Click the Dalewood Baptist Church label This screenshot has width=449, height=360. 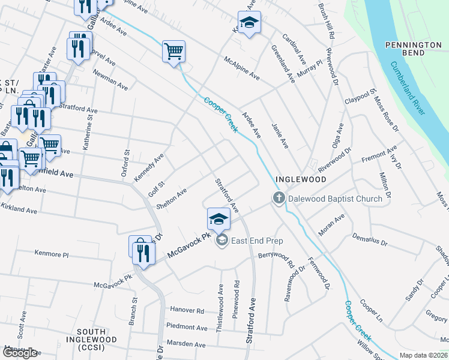coord(335,199)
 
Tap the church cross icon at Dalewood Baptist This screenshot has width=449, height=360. coord(279,199)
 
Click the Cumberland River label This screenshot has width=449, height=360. coord(408,88)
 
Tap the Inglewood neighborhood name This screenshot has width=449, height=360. coord(300,179)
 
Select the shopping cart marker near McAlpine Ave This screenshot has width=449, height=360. coord(173,52)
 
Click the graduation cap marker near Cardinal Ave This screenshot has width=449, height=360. coord(249,23)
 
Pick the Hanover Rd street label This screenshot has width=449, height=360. coord(187,311)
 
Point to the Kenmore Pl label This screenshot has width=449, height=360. coord(52,254)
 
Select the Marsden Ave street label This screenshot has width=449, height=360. coord(187,344)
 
